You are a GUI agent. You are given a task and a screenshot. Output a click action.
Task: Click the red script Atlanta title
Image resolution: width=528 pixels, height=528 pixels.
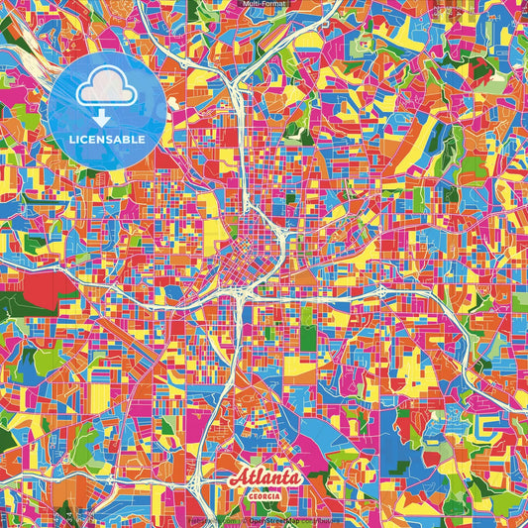pos(265,478)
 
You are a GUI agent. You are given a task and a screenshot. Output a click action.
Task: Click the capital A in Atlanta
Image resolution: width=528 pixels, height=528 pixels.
pos(238,478)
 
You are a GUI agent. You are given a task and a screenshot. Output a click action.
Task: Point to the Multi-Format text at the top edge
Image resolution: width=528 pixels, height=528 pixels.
pos(264,5)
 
